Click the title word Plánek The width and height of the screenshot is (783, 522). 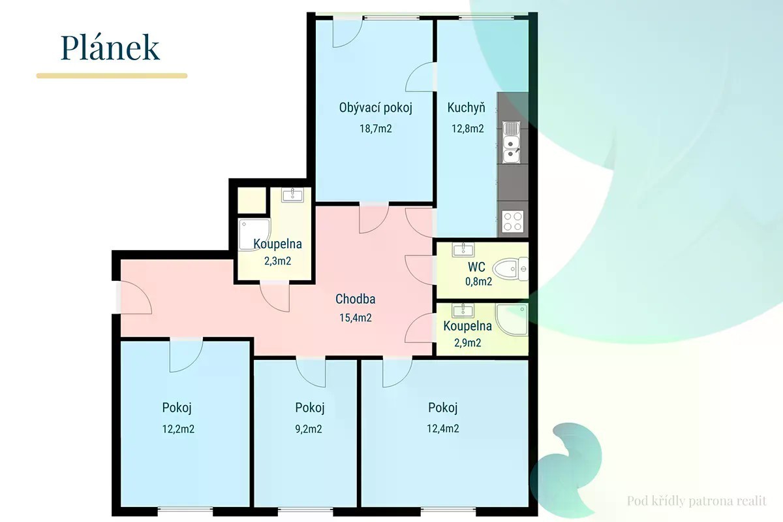click(110, 48)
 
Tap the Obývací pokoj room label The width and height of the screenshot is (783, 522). click(375, 108)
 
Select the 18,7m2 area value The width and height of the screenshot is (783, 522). click(376, 129)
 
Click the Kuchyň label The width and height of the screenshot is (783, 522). click(466, 107)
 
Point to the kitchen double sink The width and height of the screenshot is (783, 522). click(512, 142)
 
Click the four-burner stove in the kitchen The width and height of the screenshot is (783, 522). click(513, 221)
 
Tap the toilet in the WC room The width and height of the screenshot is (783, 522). click(510, 269)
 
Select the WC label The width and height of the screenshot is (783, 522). click(476, 267)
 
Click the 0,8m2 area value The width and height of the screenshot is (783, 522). click(478, 282)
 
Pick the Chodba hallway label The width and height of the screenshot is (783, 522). click(355, 299)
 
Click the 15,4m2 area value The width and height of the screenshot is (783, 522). click(356, 318)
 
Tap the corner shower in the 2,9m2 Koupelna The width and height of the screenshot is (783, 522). click(512, 319)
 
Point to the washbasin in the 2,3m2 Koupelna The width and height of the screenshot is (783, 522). click(292, 195)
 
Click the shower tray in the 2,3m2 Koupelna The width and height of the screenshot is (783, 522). click(254, 235)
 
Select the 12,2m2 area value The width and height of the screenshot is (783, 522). click(178, 429)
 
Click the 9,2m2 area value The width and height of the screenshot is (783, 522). click(309, 429)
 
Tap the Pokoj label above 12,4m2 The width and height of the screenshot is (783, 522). click(443, 408)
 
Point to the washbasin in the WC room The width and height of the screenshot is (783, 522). click(463, 250)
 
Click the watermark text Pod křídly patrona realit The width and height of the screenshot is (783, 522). click(697, 501)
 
